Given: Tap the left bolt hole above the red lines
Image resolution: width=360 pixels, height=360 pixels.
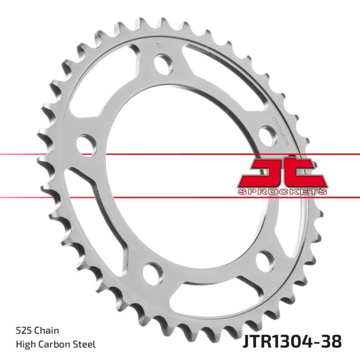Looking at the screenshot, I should (85, 143).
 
